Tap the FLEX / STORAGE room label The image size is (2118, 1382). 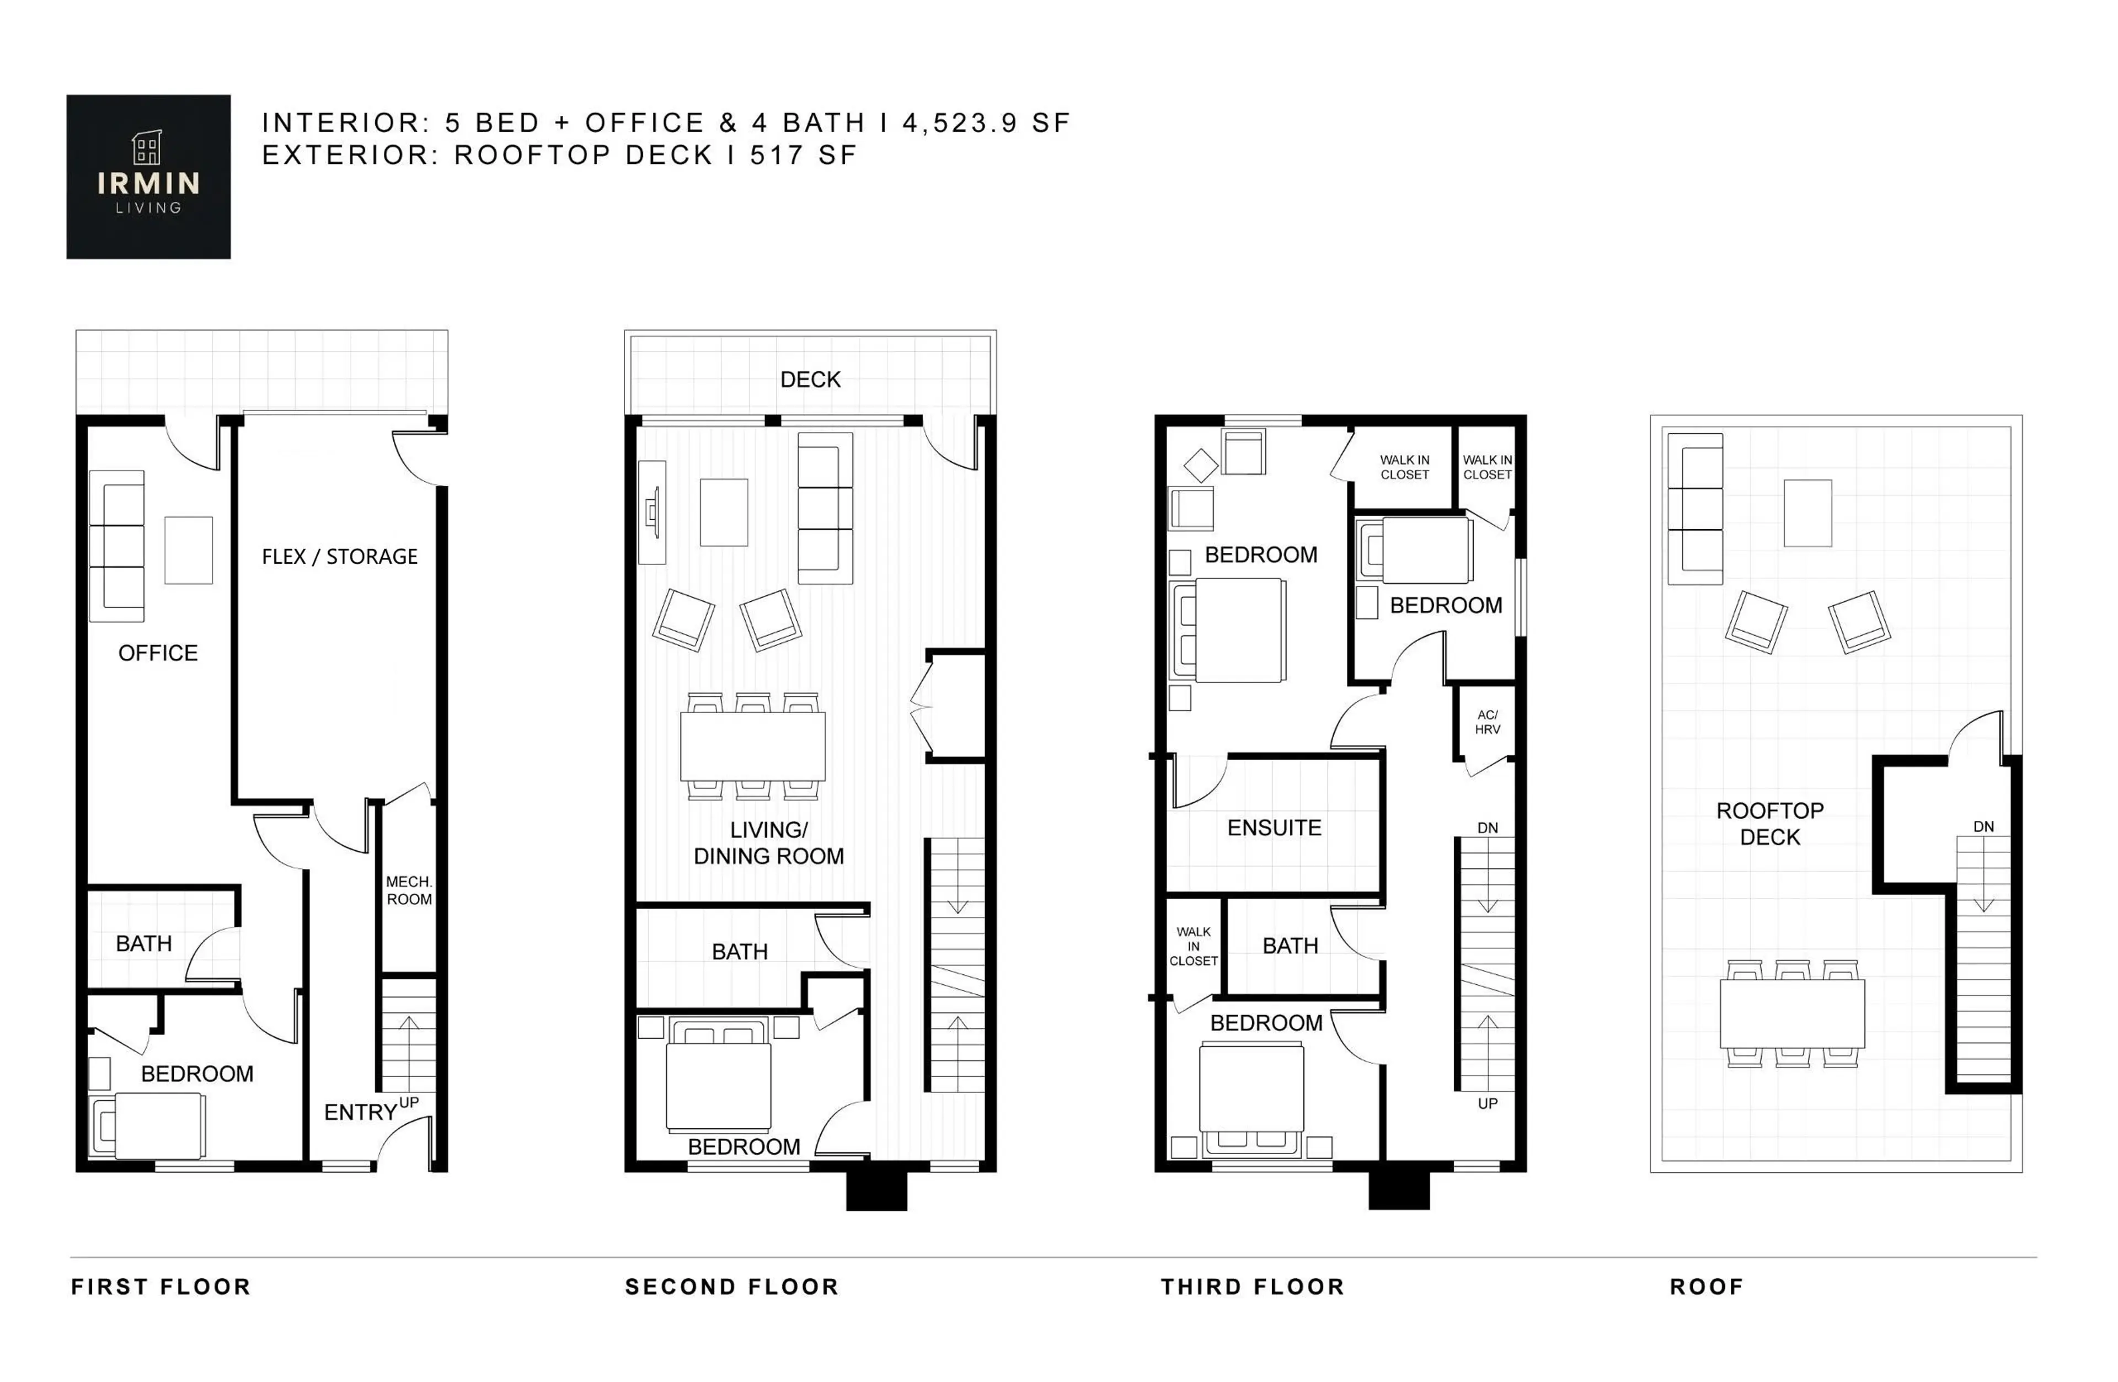[339, 557]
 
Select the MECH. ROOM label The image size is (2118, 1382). [409, 890]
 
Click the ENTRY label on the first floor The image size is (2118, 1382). [360, 1112]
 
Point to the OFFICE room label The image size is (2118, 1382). [158, 653]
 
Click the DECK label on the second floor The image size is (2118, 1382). [810, 380]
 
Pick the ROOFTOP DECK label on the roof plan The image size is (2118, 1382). [1769, 824]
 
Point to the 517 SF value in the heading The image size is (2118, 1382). [803, 155]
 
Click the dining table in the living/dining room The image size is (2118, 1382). [753, 746]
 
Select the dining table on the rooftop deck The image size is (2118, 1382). [1791, 1013]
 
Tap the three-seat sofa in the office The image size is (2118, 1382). [116, 546]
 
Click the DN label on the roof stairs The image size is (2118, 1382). [1983, 826]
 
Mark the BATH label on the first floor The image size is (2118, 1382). [143, 943]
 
